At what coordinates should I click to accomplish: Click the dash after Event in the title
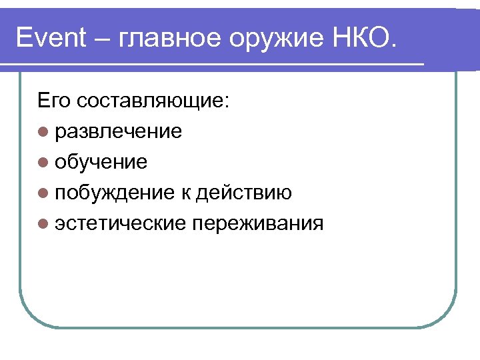[104, 38]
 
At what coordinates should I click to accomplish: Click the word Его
[54, 101]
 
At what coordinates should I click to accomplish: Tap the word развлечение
[119, 131]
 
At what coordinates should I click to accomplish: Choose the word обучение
[101, 162]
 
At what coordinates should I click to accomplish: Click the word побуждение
[114, 193]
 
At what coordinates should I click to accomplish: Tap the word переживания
[257, 224]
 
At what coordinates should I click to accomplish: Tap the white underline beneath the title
[213, 65]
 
